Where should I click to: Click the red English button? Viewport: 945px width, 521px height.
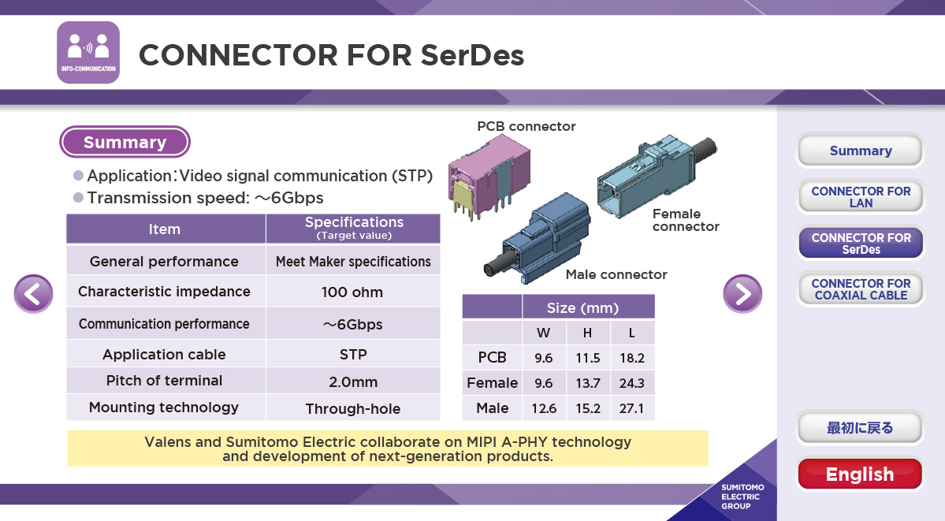[860, 474]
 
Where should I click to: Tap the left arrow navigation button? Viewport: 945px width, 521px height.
[34, 294]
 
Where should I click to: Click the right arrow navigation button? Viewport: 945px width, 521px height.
[742, 294]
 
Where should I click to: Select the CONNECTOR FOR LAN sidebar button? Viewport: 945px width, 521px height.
[861, 196]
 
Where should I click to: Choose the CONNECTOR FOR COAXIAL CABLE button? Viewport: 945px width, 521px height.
[861, 288]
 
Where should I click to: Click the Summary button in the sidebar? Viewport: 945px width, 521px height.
[861, 150]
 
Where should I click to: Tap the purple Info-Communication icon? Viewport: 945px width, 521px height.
[88, 53]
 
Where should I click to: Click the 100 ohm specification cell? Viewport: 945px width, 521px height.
[352, 292]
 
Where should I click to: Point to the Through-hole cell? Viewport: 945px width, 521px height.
[352, 408]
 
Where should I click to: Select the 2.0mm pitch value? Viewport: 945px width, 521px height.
[352, 381]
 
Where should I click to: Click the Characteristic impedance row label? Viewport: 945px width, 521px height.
[164, 292]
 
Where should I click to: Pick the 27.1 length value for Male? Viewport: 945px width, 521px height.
[631, 408]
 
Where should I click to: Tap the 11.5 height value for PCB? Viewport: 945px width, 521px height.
[588, 358]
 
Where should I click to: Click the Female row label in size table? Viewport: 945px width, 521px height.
[493, 382]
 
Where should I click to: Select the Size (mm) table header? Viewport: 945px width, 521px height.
[582, 307]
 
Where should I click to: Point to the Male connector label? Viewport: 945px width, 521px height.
[616, 274]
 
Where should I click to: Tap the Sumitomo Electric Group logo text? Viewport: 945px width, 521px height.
[742, 497]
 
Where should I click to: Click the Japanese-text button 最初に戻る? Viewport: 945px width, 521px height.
[860, 427]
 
